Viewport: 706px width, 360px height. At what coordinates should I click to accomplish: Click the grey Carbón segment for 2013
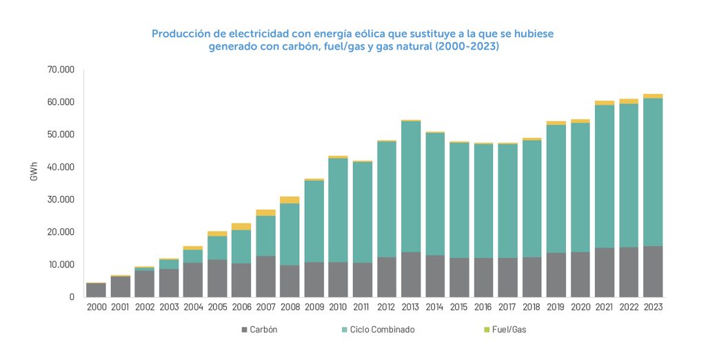(411, 274)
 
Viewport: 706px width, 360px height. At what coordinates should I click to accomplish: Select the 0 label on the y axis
(71, 297)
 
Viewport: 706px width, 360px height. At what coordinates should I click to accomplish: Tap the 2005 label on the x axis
(217, 308)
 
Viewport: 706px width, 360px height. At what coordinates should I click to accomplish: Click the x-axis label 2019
(556, 308)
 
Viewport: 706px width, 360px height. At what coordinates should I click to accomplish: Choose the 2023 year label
(653, 308)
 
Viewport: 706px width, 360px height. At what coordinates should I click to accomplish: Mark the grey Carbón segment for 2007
(265, 277)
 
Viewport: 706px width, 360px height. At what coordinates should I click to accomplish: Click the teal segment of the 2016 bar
(483, 200)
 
